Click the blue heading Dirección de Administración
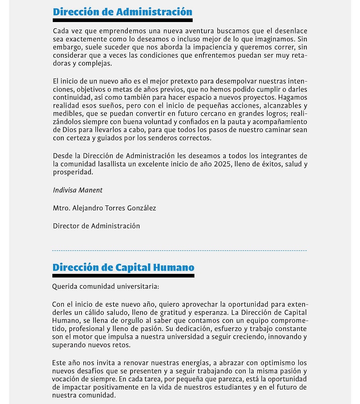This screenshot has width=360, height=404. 122,12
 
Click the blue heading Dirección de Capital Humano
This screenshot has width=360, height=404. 123,267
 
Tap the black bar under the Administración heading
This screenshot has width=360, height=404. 122,20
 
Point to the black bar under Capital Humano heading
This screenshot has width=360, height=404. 123,275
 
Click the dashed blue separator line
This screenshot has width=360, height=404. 180,250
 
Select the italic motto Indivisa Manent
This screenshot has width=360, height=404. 78,190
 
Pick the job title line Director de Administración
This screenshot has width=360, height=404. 96,226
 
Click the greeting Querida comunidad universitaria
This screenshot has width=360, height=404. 105,286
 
